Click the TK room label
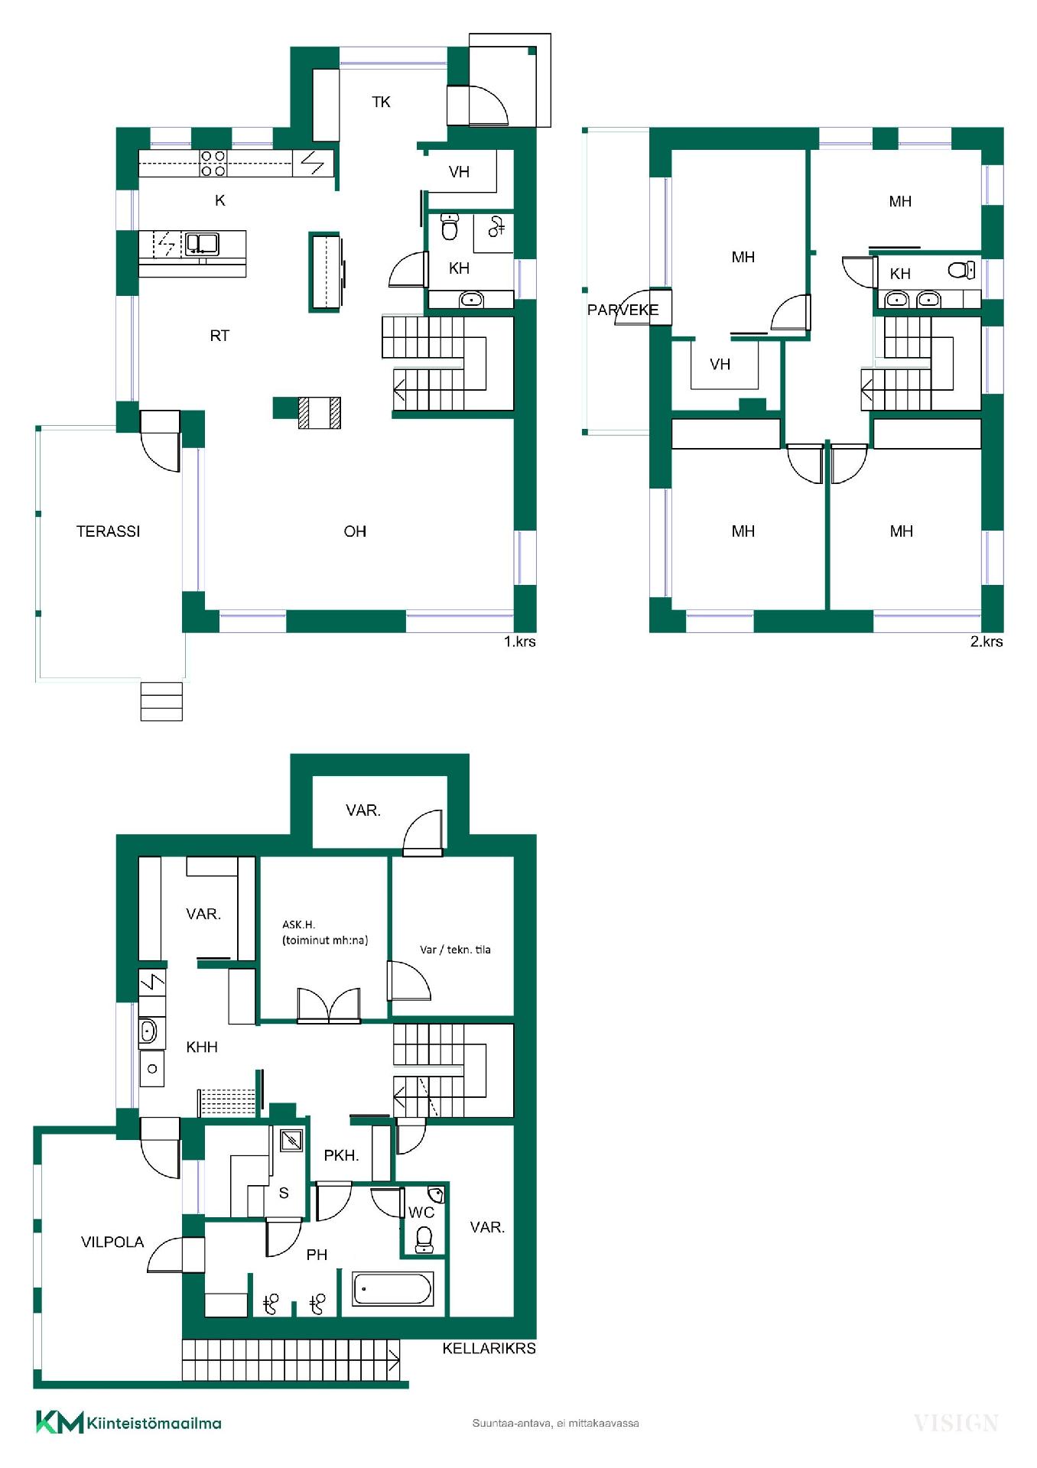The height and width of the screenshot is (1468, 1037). tap(381, 102)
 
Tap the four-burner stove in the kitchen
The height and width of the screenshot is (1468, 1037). tap(213, 164)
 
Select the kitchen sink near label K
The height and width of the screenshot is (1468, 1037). tap(203, 244)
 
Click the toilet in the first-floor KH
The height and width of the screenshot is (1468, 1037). tap(450, 227)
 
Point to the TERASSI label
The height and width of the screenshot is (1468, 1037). tap(109, 531)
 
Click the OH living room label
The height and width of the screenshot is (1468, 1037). tap(355, 531)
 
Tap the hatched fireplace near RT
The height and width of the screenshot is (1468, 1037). tap(319, 413)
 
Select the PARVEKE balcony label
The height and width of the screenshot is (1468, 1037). tap(623, 310)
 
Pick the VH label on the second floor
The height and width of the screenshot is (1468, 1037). tap(720, 364)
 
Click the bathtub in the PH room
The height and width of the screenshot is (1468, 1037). tap(393, 1288)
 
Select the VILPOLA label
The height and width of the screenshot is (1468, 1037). tap(112, 1242)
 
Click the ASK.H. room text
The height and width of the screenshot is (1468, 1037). tap(298, 924)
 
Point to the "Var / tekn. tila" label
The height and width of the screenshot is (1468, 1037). tap(455, 950)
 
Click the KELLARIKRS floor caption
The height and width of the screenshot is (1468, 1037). tap(489, 1348)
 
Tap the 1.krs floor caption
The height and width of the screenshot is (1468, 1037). tap(519, 641)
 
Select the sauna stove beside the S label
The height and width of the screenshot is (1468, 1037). tap(291, 1142)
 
